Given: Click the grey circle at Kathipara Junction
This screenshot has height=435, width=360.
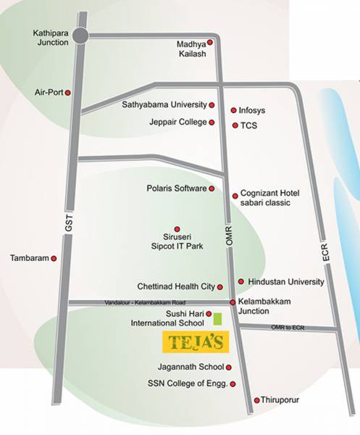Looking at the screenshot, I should point(80,35).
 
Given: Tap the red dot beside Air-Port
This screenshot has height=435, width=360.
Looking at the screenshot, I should point(69,93).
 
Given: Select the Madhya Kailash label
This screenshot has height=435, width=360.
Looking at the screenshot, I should point(192,49).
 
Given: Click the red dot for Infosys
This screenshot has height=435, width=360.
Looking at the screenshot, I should point(233,110).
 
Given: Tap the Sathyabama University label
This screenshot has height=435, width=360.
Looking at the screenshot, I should point(166,105).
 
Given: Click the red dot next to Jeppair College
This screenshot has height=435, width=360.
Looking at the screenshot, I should point(212,123).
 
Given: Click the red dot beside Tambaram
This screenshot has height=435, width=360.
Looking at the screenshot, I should point(54,257).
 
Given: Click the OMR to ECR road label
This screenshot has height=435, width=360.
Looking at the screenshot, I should point(288,328).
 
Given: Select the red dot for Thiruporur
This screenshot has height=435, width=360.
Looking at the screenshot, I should point(256,400).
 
